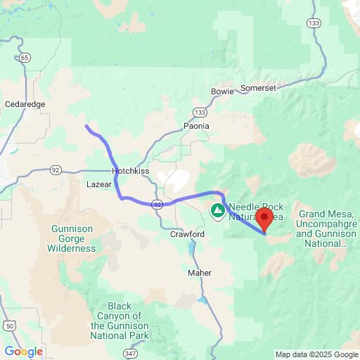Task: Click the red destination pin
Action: pyautogui.click(x=264, y=218)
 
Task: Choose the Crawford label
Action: pyautogui.click(x=187, y=234)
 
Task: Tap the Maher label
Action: pyautogui.click(x=200, y=272)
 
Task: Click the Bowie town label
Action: pyautogui.click(x=222, y=92)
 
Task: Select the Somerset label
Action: pyautogui.click(x=258, y=88)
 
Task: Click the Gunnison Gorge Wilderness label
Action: pyautogui.click(x=72, y=238)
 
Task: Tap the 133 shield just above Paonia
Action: pyautogui.click(x=201, y=112)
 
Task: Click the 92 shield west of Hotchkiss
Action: pyautogui.click(x=56, y=169)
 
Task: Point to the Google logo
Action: pyautogui.click(x=23, y=352)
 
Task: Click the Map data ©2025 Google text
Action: pyautogui.click(x=316, y=354)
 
